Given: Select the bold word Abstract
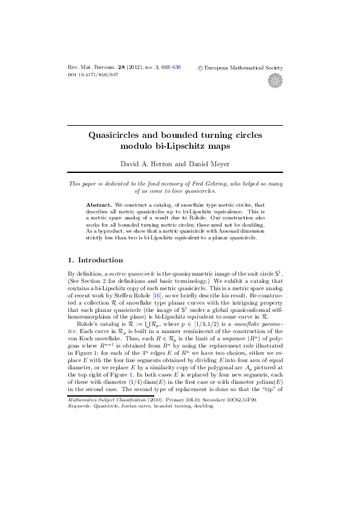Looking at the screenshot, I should [100, 205].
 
